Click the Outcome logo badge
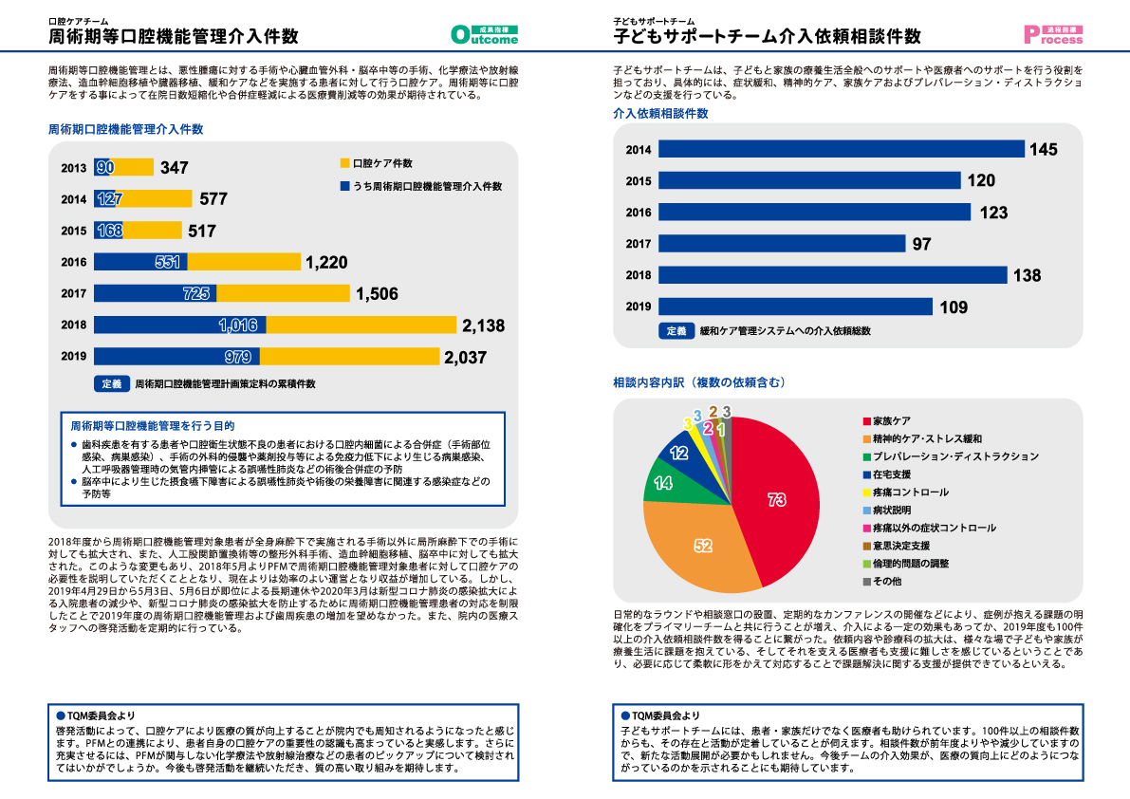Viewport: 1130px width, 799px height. [x=485, y=35]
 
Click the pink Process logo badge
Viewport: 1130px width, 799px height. [x=1053, y=35]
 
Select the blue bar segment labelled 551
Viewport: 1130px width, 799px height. [x=140, y=262]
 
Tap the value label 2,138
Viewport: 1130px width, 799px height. [x=483, y=325]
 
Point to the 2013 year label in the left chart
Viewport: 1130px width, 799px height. [x=73, y=168]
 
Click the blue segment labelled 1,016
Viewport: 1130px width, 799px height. [x=179, y=325]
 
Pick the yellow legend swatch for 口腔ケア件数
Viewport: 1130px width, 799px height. [x=344, y=163]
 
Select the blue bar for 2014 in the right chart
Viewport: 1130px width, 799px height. [x=841, y=149]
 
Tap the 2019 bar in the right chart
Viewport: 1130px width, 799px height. [x=795, y=307]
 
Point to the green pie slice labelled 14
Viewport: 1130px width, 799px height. [x=663, y=482]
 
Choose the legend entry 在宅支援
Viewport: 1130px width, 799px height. [x=892, y=474]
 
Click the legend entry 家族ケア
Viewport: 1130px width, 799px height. [x=892, y=420]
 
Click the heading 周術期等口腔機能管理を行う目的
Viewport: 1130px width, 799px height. [x=152, y=426]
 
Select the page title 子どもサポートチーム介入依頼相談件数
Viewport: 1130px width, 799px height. [x=767, y=36]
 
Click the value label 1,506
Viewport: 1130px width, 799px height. [x=377, y=294]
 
